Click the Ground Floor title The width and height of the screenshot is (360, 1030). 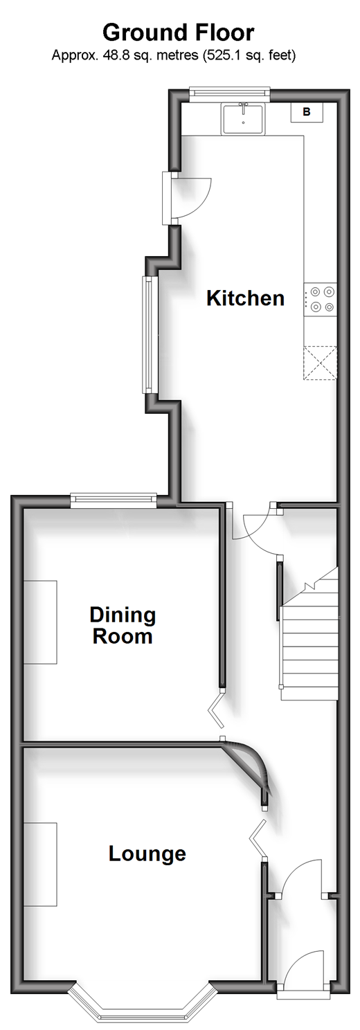pos(179,33)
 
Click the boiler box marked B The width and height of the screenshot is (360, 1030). pos(307,111)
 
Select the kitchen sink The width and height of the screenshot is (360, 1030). pos(243,118)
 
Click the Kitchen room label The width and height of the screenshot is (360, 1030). pos(246,298)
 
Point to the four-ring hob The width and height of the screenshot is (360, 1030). pos(321,299)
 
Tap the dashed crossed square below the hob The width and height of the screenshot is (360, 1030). pos(320,363)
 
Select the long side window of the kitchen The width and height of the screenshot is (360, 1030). pos(148,334)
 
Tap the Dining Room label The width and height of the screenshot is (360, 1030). pos(123,626)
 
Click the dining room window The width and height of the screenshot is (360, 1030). pos(114,500)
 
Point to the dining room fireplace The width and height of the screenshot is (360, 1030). pos(40,622)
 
